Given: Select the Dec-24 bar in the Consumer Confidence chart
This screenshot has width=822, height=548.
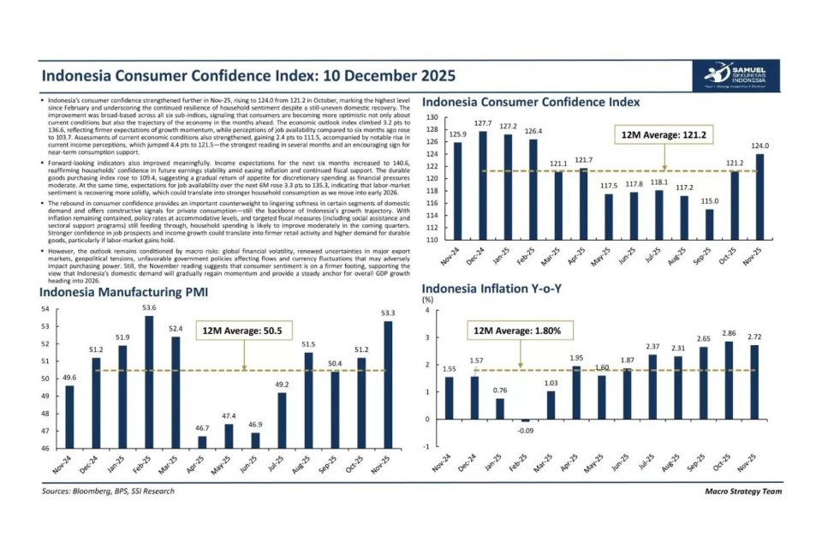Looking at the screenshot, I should coord(482,184).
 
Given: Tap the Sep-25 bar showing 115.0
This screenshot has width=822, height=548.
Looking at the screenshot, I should coord(710,223).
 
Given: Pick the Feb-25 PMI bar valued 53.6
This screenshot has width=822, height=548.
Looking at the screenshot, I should coord(148,382).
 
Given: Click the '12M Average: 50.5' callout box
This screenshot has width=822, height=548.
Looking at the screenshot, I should coord(242,331).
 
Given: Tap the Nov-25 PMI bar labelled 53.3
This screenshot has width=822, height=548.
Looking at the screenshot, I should coord(389,384).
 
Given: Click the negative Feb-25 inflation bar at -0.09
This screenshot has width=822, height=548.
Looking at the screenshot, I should coord(525,420).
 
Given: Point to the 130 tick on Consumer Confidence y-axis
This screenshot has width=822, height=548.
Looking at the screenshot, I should coord(432,117).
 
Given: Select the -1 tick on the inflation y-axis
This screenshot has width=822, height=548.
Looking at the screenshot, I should coord(428,446).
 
